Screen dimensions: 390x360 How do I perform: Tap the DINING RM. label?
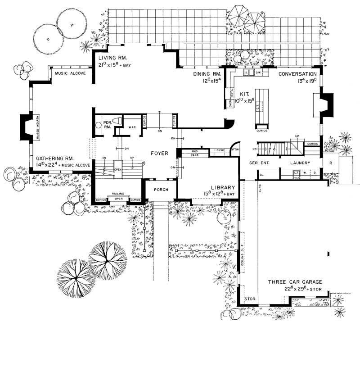pos(207,73)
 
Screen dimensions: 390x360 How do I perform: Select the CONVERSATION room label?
pos(297,74)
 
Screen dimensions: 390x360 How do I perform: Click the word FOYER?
pos(159,154)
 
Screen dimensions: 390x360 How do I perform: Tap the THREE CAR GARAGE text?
pos(295,282)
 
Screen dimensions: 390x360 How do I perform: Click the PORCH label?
pos(161,190)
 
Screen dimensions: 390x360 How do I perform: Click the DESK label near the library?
pos(220,150)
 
